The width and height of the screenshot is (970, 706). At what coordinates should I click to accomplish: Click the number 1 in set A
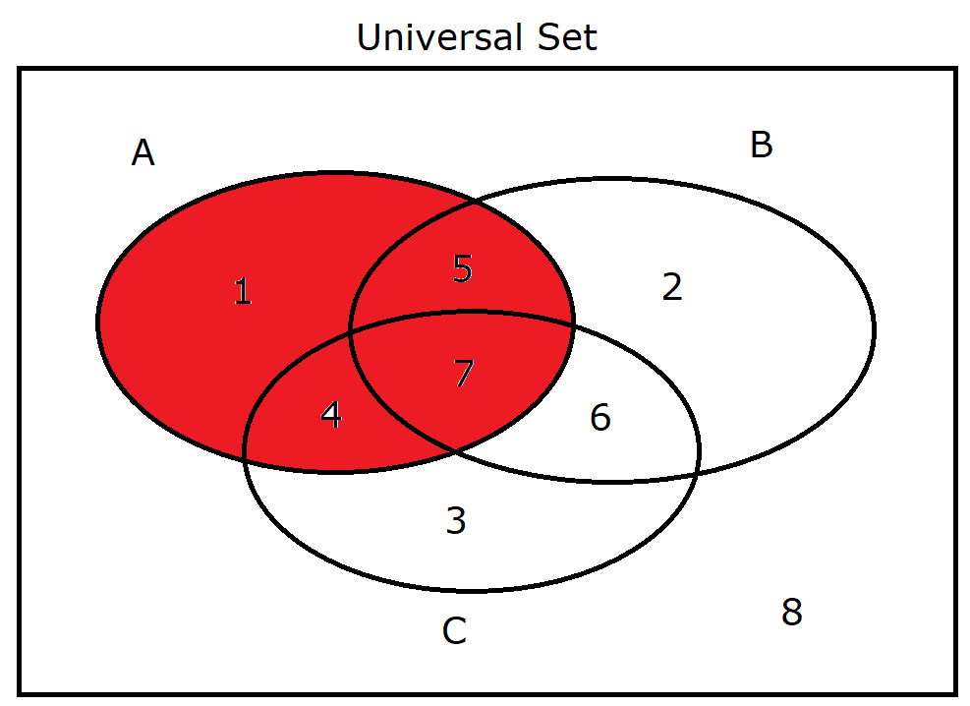click(243, 291)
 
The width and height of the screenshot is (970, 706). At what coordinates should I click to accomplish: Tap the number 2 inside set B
click(672, 286)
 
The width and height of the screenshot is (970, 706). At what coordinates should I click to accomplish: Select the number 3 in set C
click(456, 520)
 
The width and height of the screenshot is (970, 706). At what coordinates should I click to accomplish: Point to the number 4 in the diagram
click(331, 415)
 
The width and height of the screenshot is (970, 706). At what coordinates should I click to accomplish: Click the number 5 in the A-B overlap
click(463, 267)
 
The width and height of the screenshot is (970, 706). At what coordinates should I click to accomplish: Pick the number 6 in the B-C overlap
click(600, 417)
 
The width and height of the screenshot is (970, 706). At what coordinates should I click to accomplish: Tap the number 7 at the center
click(464, 373)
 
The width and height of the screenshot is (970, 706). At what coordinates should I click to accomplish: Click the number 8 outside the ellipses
click(792, 612)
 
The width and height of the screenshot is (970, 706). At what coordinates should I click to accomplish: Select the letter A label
click(143, 152)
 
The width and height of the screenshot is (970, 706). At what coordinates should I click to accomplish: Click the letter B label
click(762, 145)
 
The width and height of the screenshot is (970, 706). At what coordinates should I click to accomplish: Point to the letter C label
click(455, 631)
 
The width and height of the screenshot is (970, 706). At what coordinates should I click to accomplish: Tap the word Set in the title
click(567, 37)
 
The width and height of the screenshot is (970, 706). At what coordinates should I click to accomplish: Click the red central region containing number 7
click(461, 378)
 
